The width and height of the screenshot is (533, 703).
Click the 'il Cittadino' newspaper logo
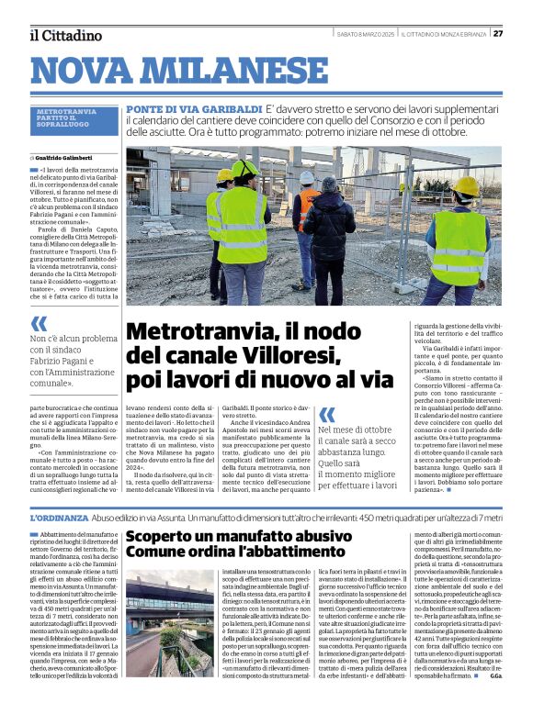tap(65, 36)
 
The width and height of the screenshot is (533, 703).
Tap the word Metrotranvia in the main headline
tap(198, 332)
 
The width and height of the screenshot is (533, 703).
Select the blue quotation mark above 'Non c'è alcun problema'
tap(39, 324)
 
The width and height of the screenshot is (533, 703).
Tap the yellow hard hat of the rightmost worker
tap(466, 187)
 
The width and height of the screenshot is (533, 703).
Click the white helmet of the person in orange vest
tap(306, 176)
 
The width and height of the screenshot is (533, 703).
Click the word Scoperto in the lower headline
tap(163, 536)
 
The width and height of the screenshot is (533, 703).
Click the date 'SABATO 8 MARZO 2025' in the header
tap(366, 34)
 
